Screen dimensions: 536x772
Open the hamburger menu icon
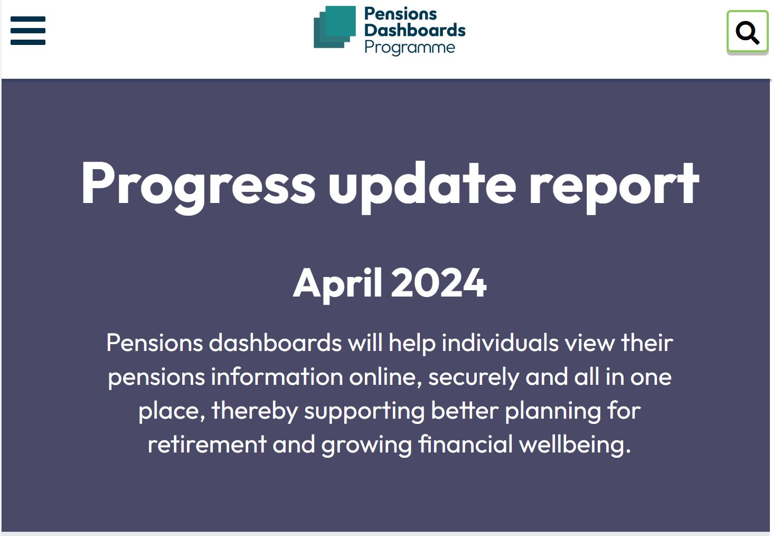point(28,30)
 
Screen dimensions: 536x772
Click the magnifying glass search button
point(747,32)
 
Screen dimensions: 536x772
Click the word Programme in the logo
point(410,48)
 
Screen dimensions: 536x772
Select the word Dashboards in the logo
point(415,30)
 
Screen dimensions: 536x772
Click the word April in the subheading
point(338,283)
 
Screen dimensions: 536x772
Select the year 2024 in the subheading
point(439,283)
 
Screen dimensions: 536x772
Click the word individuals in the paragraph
point(500,343)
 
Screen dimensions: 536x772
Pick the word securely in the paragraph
point(474,377)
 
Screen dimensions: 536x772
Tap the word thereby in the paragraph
point(255,411)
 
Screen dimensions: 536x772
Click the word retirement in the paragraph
point(207,444)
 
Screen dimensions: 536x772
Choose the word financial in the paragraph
point(465,444)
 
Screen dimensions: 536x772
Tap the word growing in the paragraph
point(366,445)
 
